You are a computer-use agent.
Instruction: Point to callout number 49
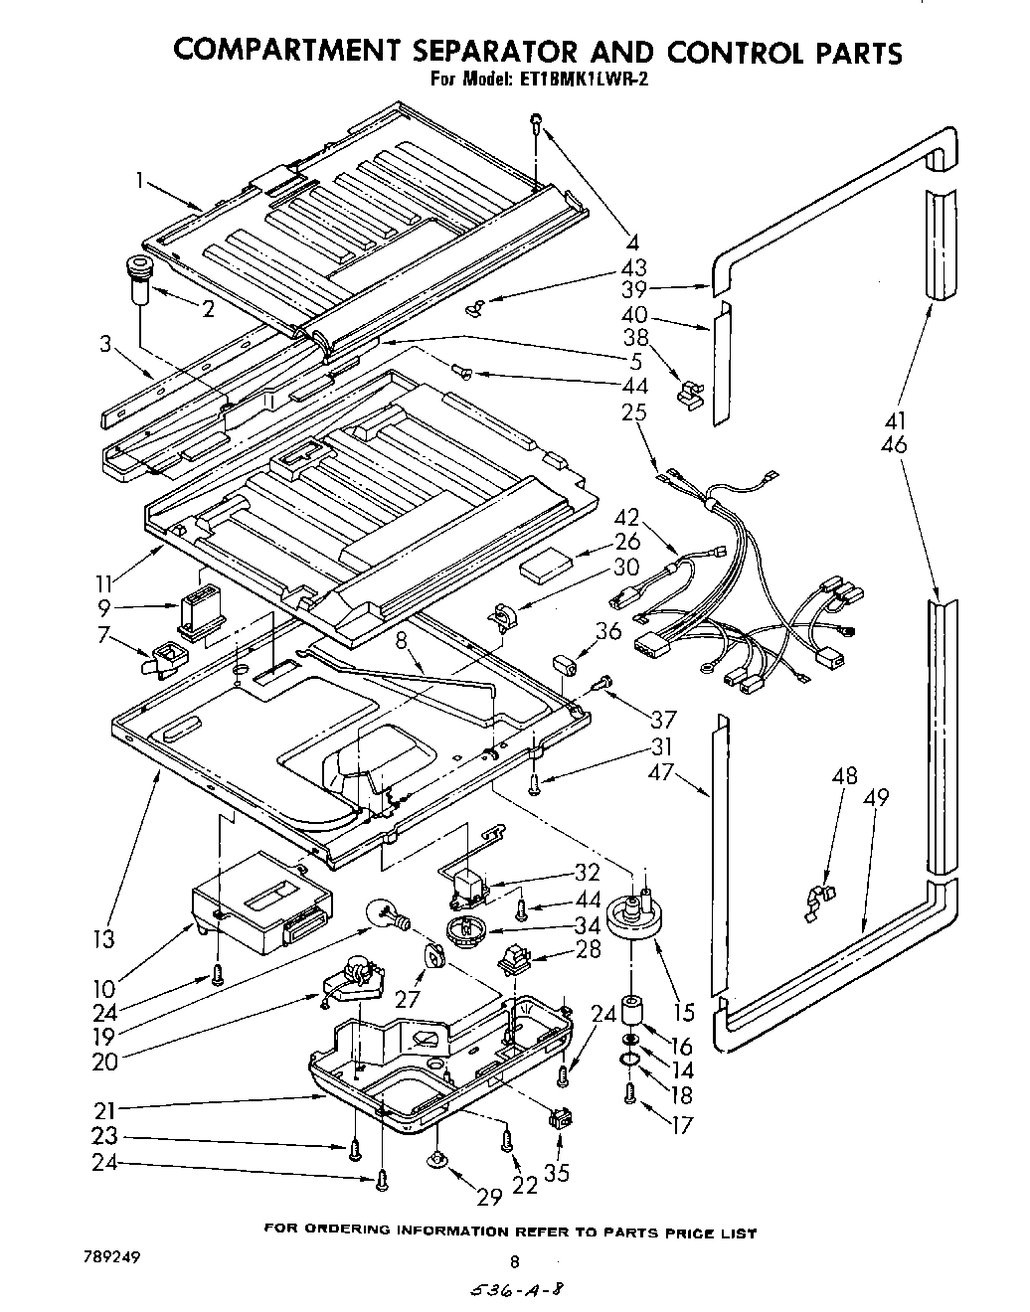[x=876, y=798]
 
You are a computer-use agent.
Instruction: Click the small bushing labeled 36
[x=566, y=665]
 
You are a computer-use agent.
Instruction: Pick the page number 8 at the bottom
[x=514, y=1263]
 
